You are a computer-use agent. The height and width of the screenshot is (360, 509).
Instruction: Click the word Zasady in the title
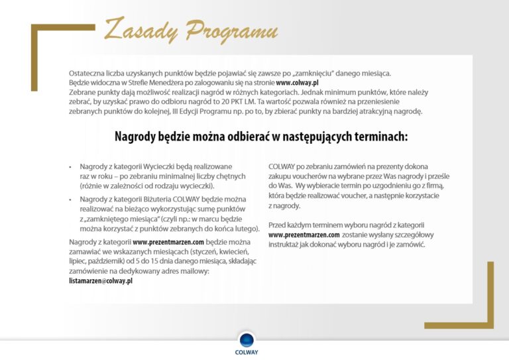(140, 30)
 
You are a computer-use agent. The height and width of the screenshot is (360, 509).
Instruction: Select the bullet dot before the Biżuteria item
(71, 199)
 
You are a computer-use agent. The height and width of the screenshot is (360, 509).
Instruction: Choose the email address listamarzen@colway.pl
(101, 281)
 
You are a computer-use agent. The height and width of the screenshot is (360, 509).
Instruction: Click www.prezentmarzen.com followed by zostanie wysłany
(304, 235)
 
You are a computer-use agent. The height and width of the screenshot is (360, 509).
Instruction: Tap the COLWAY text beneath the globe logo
(247, 353)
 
